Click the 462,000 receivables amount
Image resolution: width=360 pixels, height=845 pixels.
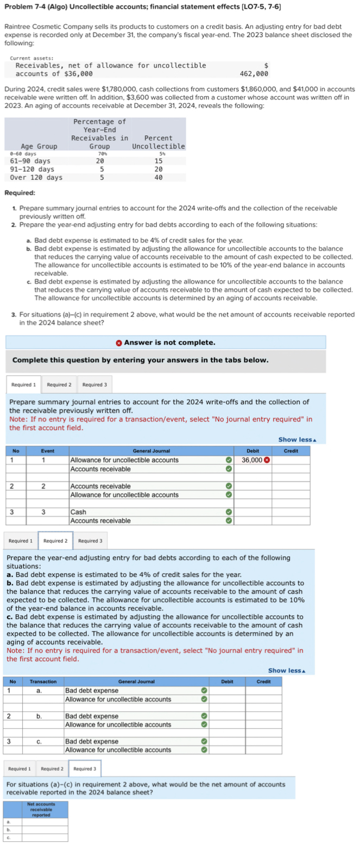point(254,74)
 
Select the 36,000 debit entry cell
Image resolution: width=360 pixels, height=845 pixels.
point(252,460)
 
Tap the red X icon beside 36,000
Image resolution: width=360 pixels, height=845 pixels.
point(267,461)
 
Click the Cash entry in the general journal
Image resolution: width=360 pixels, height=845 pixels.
point(77,512)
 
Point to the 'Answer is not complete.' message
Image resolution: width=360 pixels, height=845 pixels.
point(169,342)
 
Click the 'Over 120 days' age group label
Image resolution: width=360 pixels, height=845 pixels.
point(36,178)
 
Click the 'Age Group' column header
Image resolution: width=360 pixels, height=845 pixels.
point(39,147)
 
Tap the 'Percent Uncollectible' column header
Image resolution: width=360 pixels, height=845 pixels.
point(159,142)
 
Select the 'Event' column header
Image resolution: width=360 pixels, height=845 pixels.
point(47,451)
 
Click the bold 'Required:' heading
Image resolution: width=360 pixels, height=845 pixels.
point(20,193)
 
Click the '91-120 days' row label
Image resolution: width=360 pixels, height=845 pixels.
point(33,169)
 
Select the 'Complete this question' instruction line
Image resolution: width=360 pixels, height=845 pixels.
point(140,360)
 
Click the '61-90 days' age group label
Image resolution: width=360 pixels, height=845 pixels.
point(30,161)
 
